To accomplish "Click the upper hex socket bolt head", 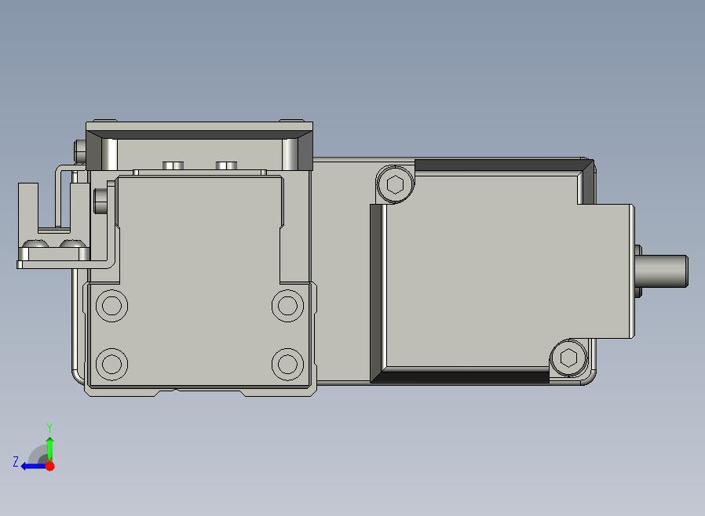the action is pos(395,184).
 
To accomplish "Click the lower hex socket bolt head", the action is pos(568,358).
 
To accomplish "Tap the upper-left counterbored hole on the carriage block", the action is pos(112,306).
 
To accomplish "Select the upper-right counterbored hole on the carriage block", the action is pos(288,306).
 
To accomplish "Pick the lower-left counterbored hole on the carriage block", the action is pos(112,364).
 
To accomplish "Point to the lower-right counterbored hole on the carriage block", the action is pos(288,364).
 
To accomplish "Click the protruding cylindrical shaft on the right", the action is pos(661,271).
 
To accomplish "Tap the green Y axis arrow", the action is pos(50,449).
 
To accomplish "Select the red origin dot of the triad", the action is pos(50,466).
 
